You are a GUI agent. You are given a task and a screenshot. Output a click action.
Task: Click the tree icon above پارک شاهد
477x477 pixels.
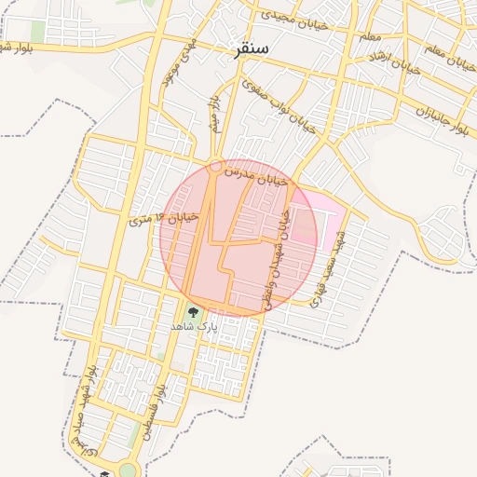click(193, 313)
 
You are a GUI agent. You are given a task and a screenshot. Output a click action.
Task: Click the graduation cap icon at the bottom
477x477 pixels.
click(104, 473)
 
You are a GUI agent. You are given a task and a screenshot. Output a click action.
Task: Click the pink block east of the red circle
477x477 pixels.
click(317, 216)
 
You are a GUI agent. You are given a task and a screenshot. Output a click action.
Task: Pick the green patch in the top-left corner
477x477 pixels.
click(37, 33)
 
